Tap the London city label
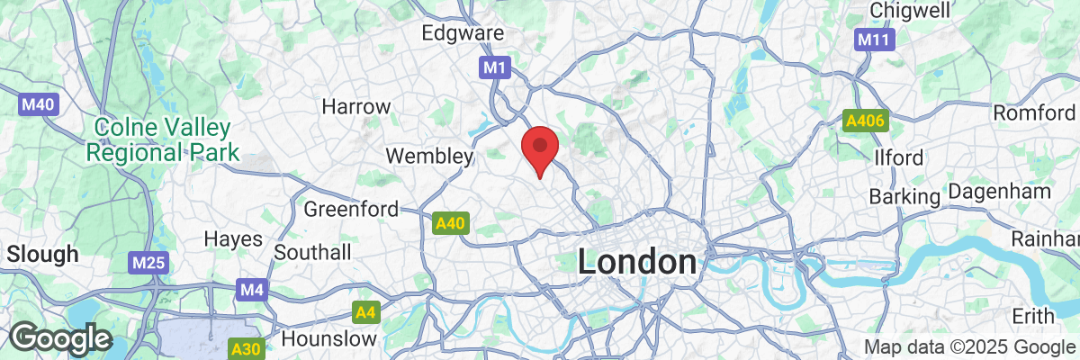pyautogui.click(x=636, y=263)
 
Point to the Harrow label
pyautogui.click(x=356, y=106)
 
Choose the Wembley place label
pyautogui.click(x=429, y=156)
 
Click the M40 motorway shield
pyautogui.click(x=39, y=104)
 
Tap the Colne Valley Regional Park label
pyautogui.click(x=163, y=140)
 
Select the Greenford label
pyautogui.click(x=351, y=209)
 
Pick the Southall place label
pyautogui.click(x=312, y=252)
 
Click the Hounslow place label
pyautogui.click(x=328, y=339)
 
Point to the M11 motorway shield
pyautogui.click(x=871, y=40)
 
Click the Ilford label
pyautogui.click(x=898, y=157)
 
